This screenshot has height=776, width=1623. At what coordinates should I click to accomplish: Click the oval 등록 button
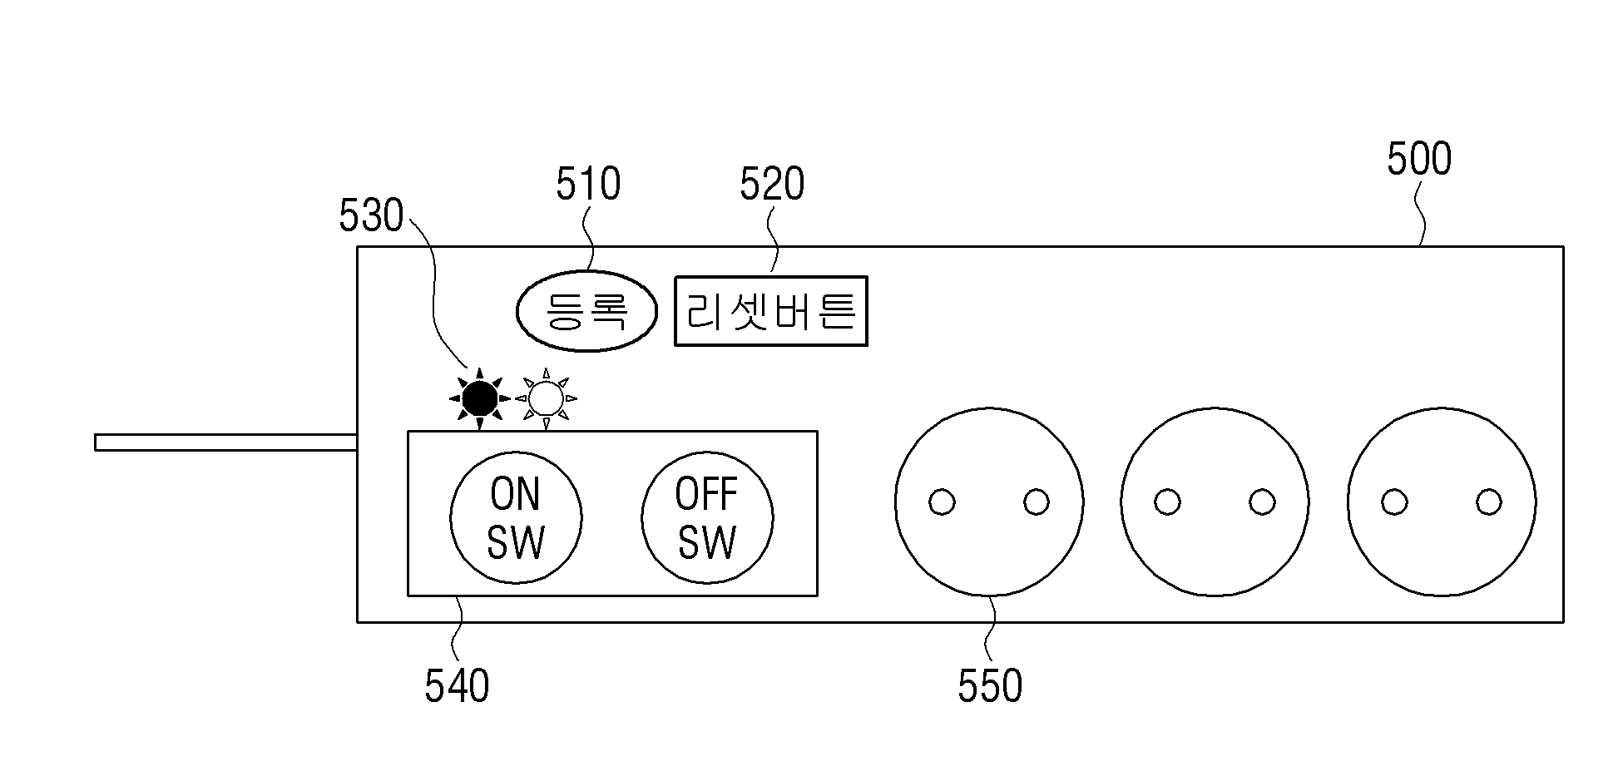pyautogui.click(x=587, y=311)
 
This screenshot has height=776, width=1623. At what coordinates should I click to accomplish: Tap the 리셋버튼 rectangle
pyautogui.click(x=771, y=311)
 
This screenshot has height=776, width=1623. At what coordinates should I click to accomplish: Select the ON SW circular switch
pyautogui.click(x=516, y=517)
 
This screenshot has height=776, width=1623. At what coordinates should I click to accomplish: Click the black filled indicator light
pyautogui.click(x=480, y=399)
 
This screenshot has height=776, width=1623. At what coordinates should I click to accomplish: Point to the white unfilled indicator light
pyautogui.click(x=546, y=399)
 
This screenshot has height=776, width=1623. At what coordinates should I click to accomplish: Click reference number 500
pyautogui.click(x=1419, y=159)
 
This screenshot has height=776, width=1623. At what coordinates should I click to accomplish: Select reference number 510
pyautogui.click(x=588, y=185)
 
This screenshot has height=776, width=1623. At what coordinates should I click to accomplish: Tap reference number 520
pyautogui.click(x=773, y=185)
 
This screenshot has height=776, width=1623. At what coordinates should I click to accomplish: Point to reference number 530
pyautogui.click(x=371, y=216)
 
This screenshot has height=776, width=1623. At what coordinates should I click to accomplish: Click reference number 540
pyautogui.click(x=457, y=687)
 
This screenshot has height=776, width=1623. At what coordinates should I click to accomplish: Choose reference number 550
pyautogui.click(x=990, y=687)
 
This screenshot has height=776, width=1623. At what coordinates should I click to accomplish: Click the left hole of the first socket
pyautogui.click(x=942, y=502)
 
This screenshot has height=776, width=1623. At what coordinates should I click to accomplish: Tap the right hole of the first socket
pyautogui.click(x=1037, y=502)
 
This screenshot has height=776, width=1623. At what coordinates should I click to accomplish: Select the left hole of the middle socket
pyautogui.click(x=1168, y=502)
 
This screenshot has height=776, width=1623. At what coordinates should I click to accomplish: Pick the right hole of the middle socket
pyautogui.click(x=1262, y=502)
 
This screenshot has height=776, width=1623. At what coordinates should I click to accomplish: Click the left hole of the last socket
pyautogui.click(x=1394, y=502)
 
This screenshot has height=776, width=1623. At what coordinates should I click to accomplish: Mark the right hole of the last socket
pyautogui.click(x=1489, y=502)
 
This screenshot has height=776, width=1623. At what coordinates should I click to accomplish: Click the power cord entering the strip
pyautogui.click(x=226, y=442)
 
